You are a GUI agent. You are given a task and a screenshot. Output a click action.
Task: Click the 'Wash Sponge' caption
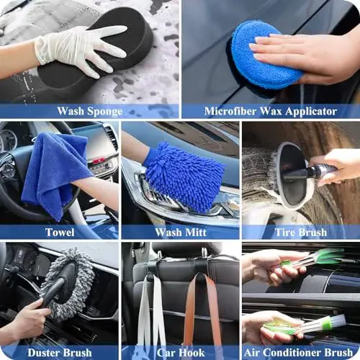tap(90, 111)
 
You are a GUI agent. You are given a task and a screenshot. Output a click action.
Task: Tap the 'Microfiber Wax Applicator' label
tap(270, 111)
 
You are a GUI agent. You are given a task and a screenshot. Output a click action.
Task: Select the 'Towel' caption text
tap(60, 232)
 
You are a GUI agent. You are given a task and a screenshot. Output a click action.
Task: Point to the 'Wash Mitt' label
tap(180, 232)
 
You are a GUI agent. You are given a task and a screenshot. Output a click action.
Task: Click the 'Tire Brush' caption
tap(300, 232)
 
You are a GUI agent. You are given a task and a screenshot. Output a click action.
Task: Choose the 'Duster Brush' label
tap(60, 352)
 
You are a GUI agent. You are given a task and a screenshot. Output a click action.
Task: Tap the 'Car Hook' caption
tap(180, 352)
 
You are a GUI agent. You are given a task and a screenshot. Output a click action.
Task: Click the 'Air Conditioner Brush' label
tap(300, 352)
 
